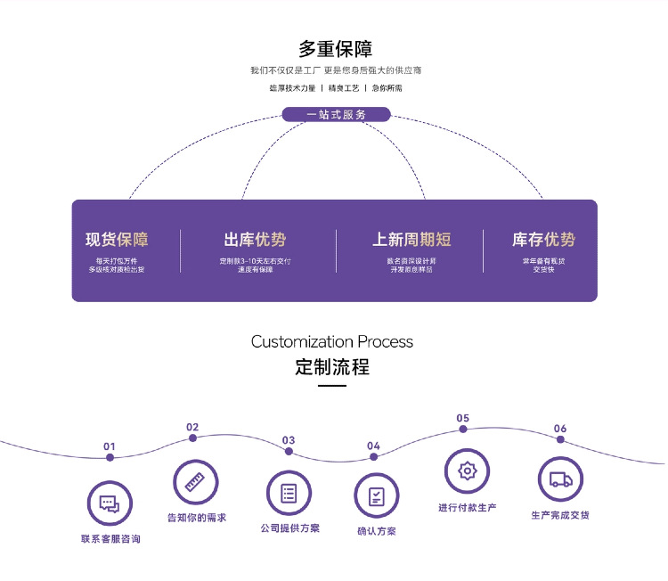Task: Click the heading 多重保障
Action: click(335, 48)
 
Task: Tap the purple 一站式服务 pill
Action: click(336, 114)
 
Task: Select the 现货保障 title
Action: click(117, 240)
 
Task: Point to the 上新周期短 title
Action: click(411, 240)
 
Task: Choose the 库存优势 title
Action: click(543, 240)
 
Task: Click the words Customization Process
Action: click(332, 342)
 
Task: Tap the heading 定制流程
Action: click(332, 367)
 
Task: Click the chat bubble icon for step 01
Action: click(109, 503)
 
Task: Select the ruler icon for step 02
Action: click(195, 482)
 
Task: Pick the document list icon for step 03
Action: click(289, 492)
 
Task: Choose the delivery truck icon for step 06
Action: click(560, 479)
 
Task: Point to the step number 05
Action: click(462, 418)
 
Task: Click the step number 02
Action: click(192, 427)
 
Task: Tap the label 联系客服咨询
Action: click(110, 539)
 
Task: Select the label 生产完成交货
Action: click(560, 515)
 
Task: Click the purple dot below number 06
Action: click(560, 443)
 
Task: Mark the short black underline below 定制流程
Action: click(332, 386)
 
